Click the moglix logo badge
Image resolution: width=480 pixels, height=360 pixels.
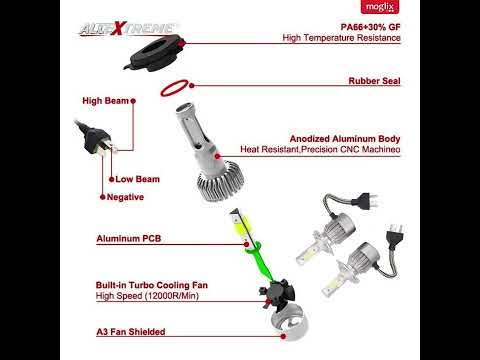(380, 7)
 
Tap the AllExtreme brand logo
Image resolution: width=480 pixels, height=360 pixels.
(127, 29)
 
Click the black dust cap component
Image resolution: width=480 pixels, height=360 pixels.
(153, 53)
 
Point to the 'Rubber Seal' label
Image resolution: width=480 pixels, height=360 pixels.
(374, 81)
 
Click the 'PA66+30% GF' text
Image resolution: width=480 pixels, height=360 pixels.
(370, 27)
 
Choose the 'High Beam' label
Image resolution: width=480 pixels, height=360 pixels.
(105, 101)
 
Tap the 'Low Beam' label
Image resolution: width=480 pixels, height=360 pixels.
(137, 179)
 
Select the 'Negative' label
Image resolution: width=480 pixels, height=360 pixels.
(125, 197)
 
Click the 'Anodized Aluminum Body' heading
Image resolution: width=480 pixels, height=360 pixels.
(345, 139)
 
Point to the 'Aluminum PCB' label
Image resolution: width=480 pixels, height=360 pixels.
(129, 239)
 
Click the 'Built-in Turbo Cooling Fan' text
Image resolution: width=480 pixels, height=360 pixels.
(152, 285)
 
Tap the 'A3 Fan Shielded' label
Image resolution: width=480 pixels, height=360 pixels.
(131, 332)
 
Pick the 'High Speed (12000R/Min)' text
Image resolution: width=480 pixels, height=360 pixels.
(147, 296)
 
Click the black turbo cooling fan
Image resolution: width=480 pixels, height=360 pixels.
(277, 292)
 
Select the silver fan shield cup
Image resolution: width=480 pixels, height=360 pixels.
(289, 323)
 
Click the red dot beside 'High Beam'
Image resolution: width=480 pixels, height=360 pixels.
(133, 101)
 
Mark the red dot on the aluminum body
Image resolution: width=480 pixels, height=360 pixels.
(218, 156)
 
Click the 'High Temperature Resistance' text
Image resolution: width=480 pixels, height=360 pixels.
(341, 38)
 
